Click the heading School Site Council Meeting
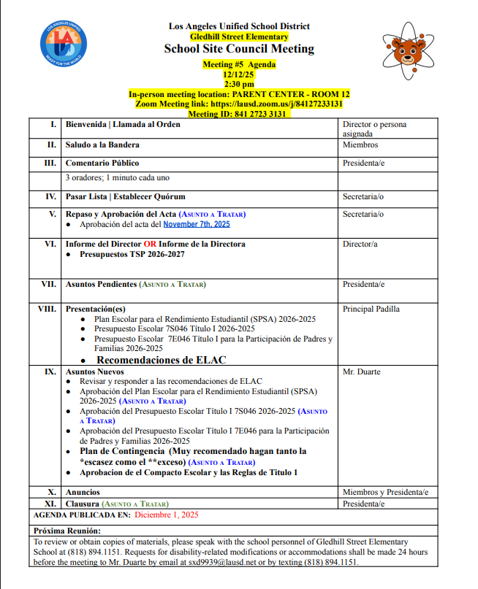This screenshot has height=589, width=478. pos(239,49)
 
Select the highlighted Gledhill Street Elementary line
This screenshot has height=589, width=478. pos(239,36)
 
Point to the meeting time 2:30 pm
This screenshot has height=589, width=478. pos(239,85)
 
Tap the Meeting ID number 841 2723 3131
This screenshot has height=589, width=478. pos(257,114)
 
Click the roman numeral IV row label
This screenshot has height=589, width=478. pos(51,197)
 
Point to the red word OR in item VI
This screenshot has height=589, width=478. pos(150,244)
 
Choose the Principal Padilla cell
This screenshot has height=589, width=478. pos(371,309)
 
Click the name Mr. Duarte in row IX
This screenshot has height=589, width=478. pos(362,372)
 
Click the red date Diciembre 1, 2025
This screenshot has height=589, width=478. pos(167,515)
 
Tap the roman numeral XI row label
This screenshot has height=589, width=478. pos(50,504)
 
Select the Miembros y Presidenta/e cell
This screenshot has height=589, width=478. pos(385,492)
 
